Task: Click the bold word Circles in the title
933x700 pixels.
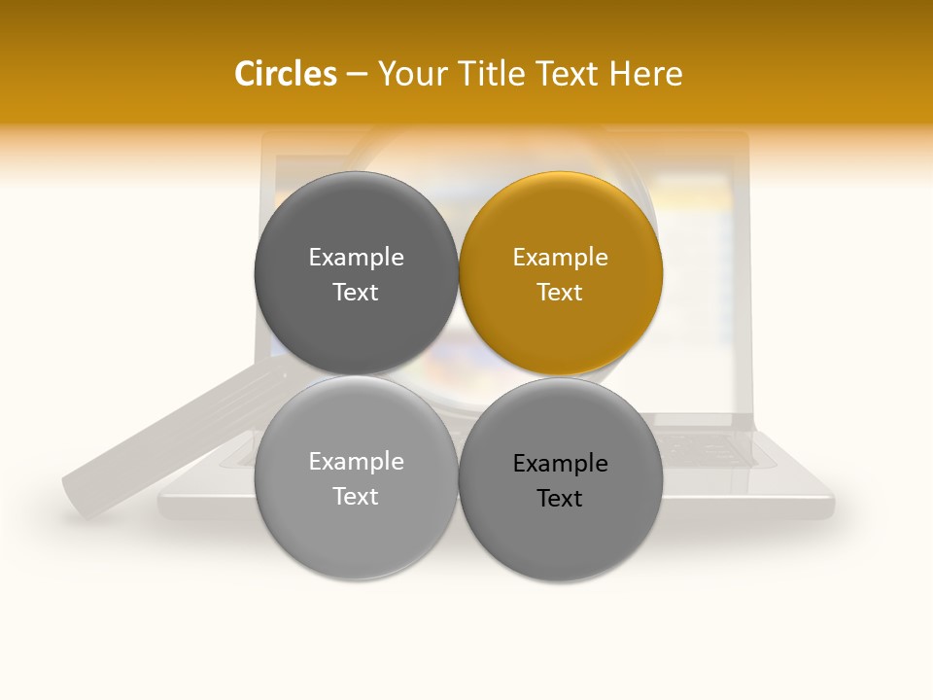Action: pyautogui.click(x=285, y=74)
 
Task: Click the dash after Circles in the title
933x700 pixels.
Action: pyautogui.click(x=357, y=75)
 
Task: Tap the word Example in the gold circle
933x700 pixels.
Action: pyautogui.click(x=561, y=257)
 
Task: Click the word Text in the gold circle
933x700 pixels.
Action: pyautogui.click(x=561, y=292)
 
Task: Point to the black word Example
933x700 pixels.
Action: pyautogui.click(x=561, y=463)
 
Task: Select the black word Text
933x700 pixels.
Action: pyautogui.click(x=561, y=498)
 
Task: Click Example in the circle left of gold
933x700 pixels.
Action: pyautogui.click(x=356, y=257)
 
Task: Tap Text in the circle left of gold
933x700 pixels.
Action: pyautogui.click(x=356, y=292)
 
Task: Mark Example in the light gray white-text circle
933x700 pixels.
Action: pyautogui.click(x=356, y=461)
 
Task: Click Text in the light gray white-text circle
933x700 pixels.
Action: pyautogui.click(x=356, y=496)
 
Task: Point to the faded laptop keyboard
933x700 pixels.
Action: pyautogui.click(x=719, y=449)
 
